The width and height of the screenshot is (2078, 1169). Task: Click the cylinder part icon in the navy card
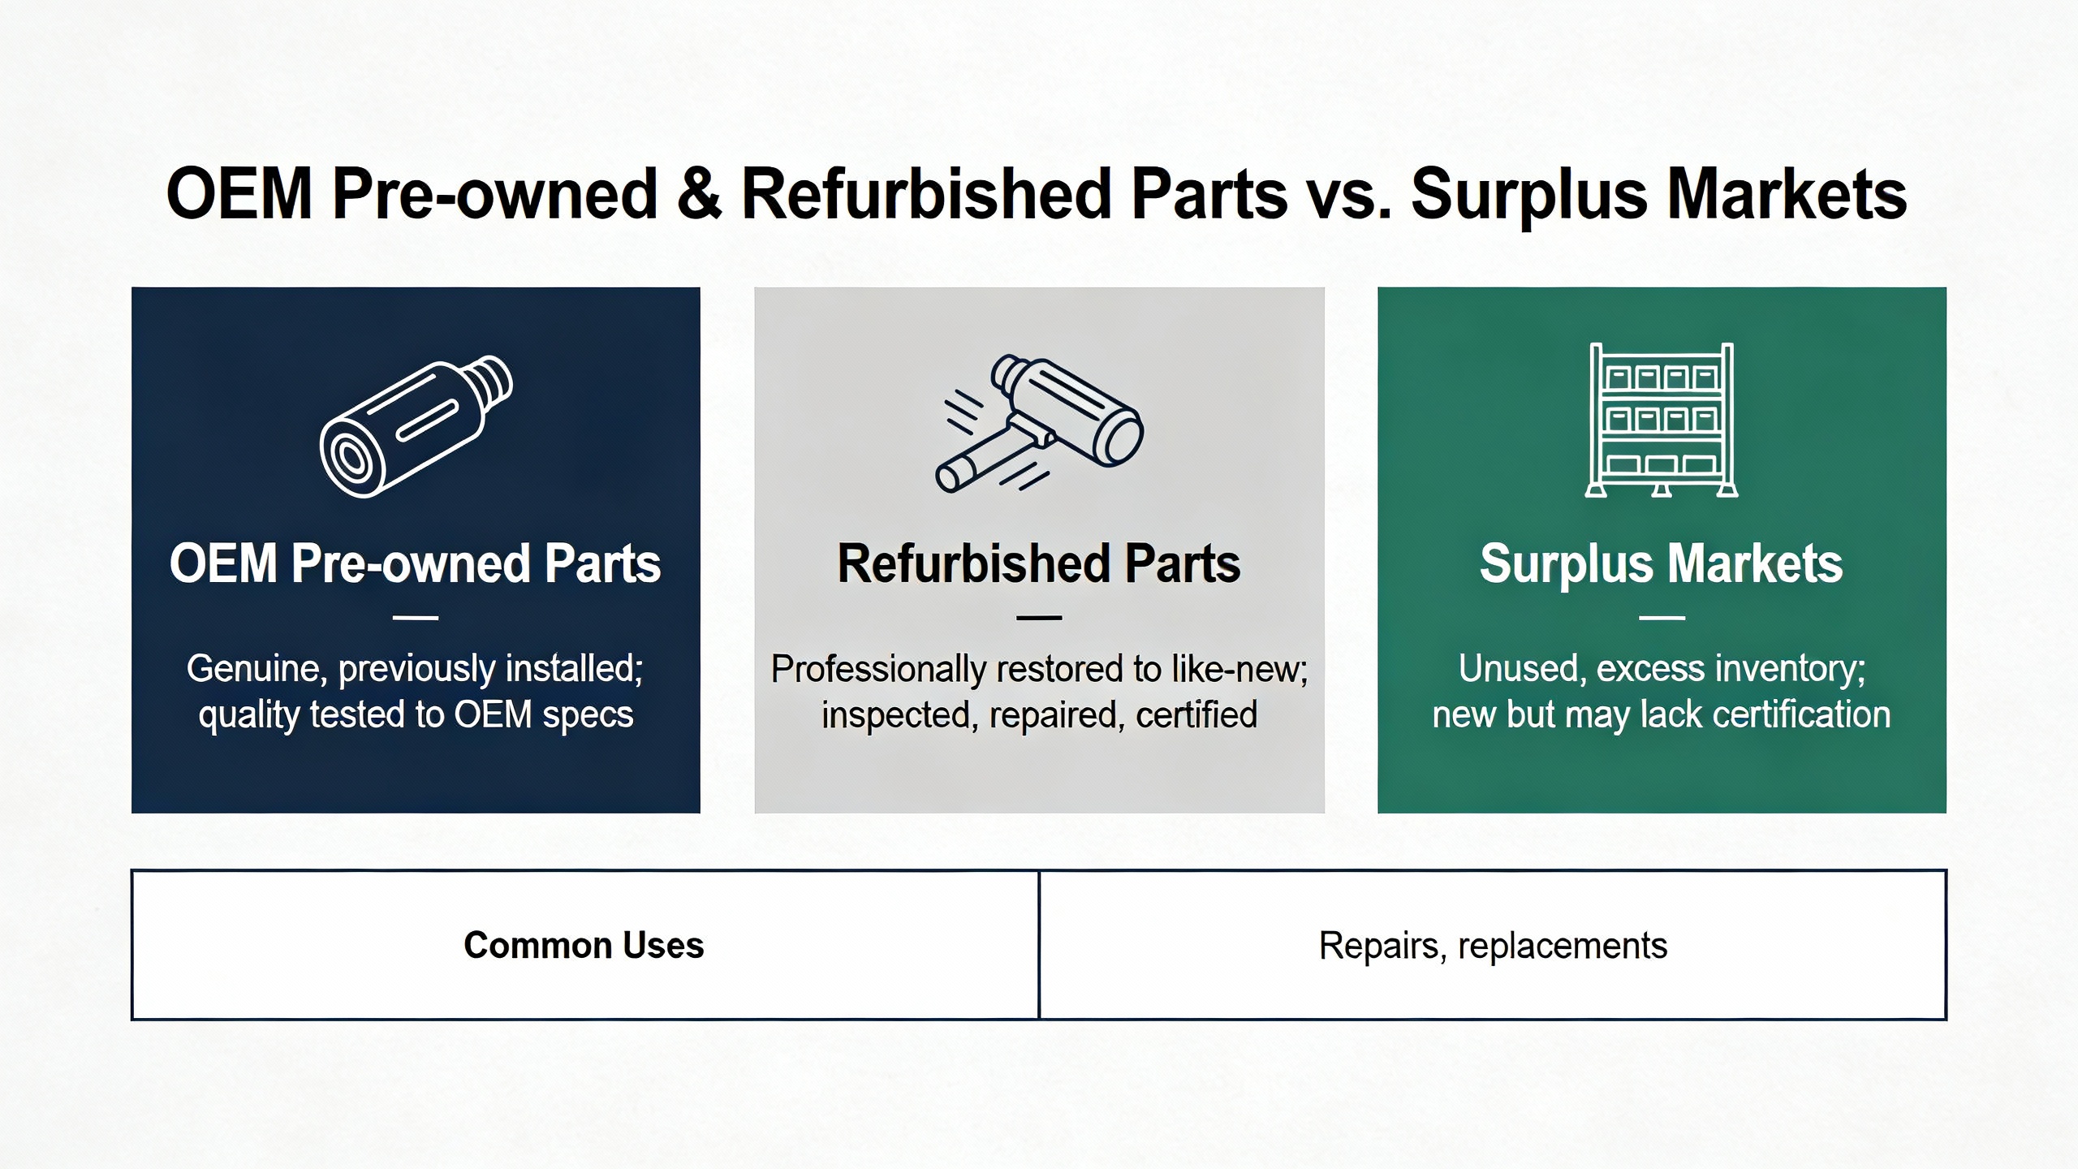416,426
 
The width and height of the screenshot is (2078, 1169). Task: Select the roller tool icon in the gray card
1039,424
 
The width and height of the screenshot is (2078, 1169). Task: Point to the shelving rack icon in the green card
1662,420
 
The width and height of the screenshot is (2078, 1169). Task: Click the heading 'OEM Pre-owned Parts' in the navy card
416,563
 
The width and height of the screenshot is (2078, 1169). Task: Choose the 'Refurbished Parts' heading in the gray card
1039,563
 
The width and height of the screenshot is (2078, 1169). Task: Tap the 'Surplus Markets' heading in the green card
1662,563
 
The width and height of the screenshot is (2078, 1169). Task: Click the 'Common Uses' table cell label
584,946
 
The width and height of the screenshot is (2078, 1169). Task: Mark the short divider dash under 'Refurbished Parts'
1039,618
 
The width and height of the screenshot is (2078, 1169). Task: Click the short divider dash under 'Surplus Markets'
1662,618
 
